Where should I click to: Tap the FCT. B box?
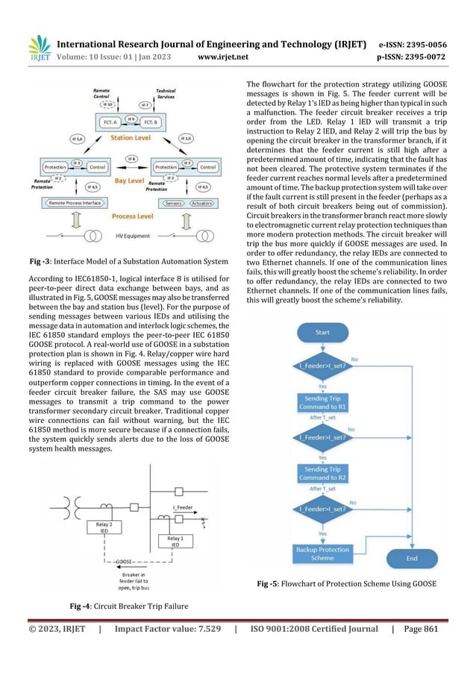[x=150, y=121]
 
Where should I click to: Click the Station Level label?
[x=133, y=138]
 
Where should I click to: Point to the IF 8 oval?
[x=131, y=158]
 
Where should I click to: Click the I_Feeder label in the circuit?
[x=184, y=507]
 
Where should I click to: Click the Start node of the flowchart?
[x=322, y=331]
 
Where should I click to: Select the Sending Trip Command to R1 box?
[x=322, y=404]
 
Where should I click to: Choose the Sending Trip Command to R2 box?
[x=322, y=475]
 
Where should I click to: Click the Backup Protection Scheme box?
[x=322, y=553]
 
